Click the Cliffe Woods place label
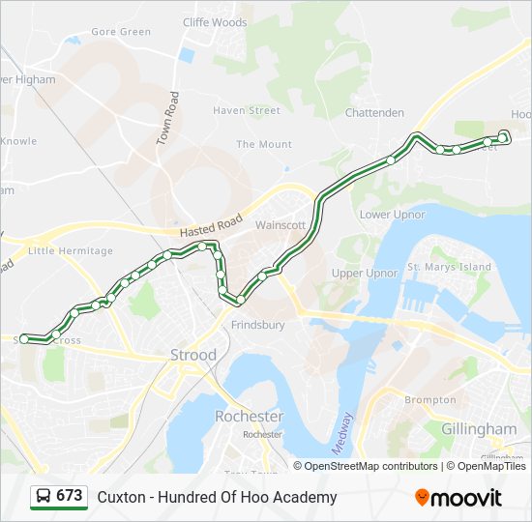(215, 22)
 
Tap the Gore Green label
(121, 32)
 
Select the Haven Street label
(247, 111)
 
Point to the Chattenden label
(374, 113)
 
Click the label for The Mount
(263, 145)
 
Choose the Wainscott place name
(281, 225)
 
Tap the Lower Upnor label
(392, 215)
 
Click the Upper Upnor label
(365, 274)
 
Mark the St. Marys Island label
(449, 267)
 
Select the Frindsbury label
(257, 326)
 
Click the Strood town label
(193, 355)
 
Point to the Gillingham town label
(479, 428)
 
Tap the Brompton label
(430, 400)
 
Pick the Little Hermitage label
(71, 251)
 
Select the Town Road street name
(168, 118)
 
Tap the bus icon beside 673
(44, 497)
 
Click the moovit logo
(458, 498)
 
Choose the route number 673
(69, 496)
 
